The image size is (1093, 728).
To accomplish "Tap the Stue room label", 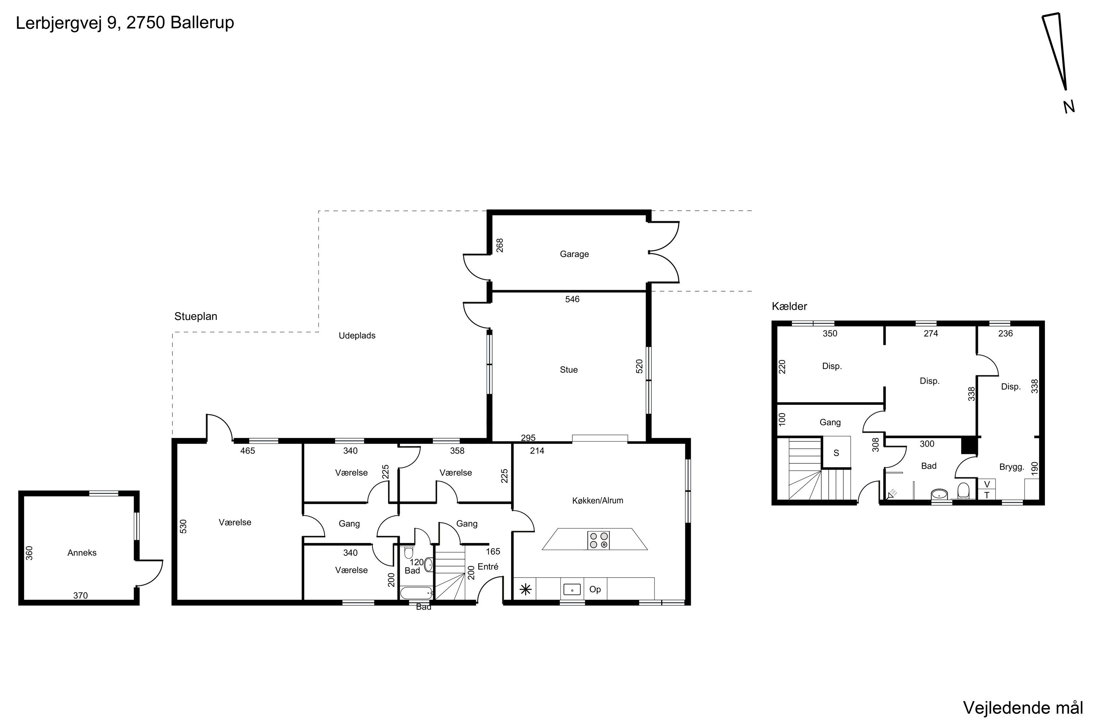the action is (x=568, y=369).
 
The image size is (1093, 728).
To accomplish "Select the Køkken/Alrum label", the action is (x=597, y=500).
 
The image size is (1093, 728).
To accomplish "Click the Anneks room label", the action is (x=82, y=553).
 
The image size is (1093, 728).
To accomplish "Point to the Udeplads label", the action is (x=357, y=336).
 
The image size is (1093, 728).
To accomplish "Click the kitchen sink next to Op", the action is (x=572, y=590).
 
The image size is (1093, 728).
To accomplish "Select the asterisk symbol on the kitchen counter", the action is (x=525, y=590).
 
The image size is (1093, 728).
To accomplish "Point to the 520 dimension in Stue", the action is (x=639, y=366).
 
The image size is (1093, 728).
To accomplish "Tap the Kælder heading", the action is (x=790, y=306).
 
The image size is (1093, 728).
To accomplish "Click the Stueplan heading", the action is (x=196, y=317).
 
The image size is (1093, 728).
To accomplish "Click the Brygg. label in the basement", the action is (x=1012, y=467).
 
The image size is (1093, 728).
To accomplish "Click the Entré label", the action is (x=488, y=566).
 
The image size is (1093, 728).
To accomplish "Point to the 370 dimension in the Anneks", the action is (x=81, y=596).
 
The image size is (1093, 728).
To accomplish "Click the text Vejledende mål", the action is (x=1023, y=708).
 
